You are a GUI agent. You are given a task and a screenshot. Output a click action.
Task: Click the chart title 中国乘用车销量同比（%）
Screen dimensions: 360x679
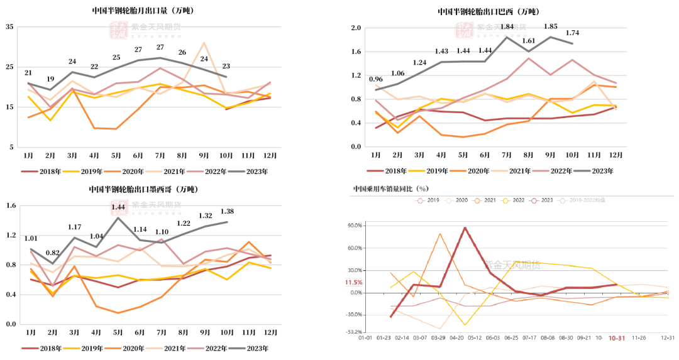390,188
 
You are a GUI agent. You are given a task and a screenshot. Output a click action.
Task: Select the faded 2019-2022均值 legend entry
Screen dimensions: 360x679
588,200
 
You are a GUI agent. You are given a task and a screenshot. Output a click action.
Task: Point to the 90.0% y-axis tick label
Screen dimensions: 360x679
355,226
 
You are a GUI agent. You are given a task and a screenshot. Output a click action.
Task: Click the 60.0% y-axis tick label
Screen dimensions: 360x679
355,248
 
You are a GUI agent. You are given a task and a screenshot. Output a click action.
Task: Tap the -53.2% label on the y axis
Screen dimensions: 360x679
354,332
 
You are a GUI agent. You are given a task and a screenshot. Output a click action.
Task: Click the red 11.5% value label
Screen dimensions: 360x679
353,283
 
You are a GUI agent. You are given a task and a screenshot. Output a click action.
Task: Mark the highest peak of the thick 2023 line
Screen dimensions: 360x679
465,227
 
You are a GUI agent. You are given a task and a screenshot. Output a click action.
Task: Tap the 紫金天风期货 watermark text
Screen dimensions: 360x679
512,265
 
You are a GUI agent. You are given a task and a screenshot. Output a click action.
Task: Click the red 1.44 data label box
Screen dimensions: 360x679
118,207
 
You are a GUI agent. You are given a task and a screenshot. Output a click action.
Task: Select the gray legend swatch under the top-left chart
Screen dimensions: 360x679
236,171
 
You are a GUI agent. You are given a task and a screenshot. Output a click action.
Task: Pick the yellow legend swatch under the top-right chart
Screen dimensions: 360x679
417,170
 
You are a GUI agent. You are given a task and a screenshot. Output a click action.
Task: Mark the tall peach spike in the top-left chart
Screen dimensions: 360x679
204,43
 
